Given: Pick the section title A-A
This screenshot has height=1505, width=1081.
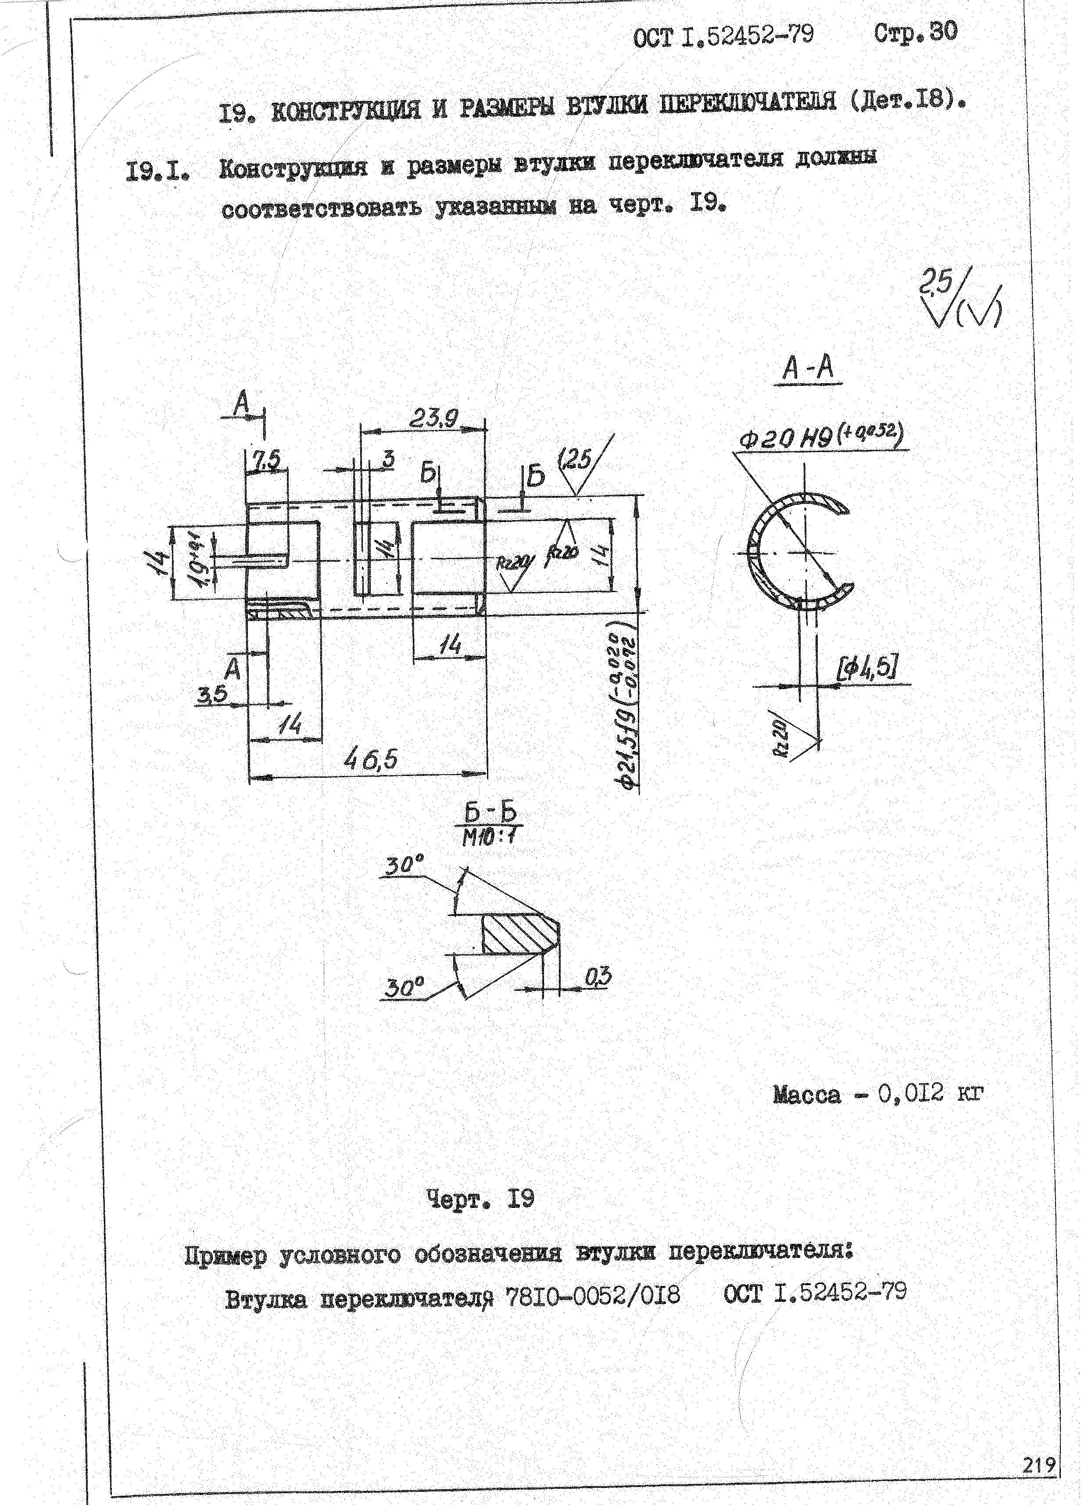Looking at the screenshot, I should coord(808,368).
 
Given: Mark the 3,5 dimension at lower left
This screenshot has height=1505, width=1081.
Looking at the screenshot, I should coord(213,694).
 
